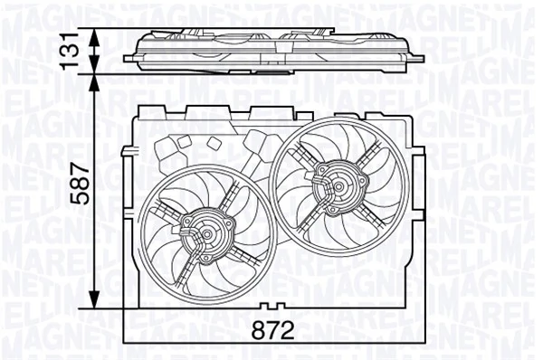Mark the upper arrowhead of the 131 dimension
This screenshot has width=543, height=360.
tap(97, 33)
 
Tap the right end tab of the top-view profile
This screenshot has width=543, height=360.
tap(417, 55)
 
